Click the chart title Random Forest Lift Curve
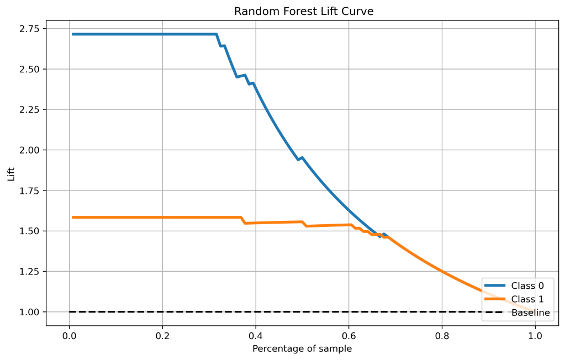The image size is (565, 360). [x=303, y=12]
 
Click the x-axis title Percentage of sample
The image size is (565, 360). [x=302, y=348]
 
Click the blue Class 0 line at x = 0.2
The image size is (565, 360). [x=162, y=34]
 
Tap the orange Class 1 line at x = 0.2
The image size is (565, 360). [x=162, y=218]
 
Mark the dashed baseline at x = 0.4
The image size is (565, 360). [x=256, y=312]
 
